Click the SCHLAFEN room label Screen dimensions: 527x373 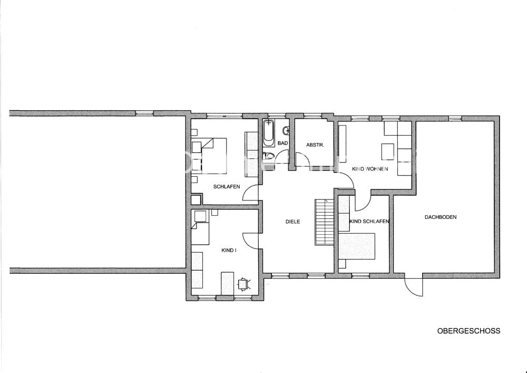coord(227,186)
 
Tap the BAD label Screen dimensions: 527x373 coord(282,143)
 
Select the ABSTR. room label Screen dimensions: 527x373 coord(315,145)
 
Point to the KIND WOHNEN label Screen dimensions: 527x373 coord(370,168)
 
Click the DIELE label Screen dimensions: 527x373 coord(292,222)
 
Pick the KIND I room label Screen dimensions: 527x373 coord(229,250)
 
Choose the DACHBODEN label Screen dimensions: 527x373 coord(441,217)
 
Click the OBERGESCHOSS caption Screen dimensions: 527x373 coord(469,331)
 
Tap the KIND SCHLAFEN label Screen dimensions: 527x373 coord(369,221)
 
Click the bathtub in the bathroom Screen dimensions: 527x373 coord(269,133)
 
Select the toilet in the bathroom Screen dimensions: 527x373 coord(269,156)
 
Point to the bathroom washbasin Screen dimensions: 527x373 coord(286,130)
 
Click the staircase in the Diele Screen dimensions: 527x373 coord(324,222)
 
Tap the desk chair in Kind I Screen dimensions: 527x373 coord(243,283)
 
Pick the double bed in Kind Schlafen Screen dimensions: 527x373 coord(357,246)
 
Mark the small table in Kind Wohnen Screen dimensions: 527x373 coord(388,151)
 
